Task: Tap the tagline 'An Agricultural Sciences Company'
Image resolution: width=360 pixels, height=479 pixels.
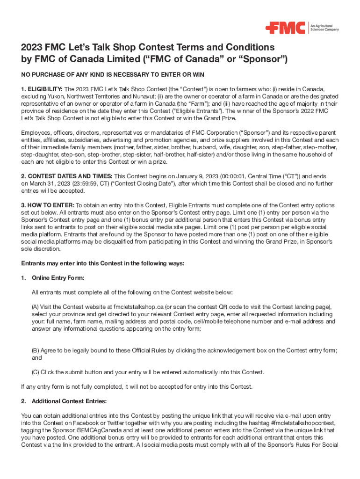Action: (325, 28)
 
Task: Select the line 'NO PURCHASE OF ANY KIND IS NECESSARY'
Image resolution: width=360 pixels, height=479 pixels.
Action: (112, 75)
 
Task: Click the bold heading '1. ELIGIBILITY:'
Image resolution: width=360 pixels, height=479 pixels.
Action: (42, 89)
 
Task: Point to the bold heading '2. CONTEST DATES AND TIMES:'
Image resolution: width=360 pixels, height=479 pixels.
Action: (67, 176)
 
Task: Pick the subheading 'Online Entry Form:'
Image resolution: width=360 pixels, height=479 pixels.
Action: (58, 278)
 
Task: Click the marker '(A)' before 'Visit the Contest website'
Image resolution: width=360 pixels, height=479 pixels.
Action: (36, 307)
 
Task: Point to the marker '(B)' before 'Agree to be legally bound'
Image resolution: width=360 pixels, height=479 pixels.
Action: (36, 350)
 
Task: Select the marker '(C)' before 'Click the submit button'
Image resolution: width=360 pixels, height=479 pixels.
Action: (36, 372)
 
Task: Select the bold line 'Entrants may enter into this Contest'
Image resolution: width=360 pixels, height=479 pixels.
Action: (103, 263)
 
